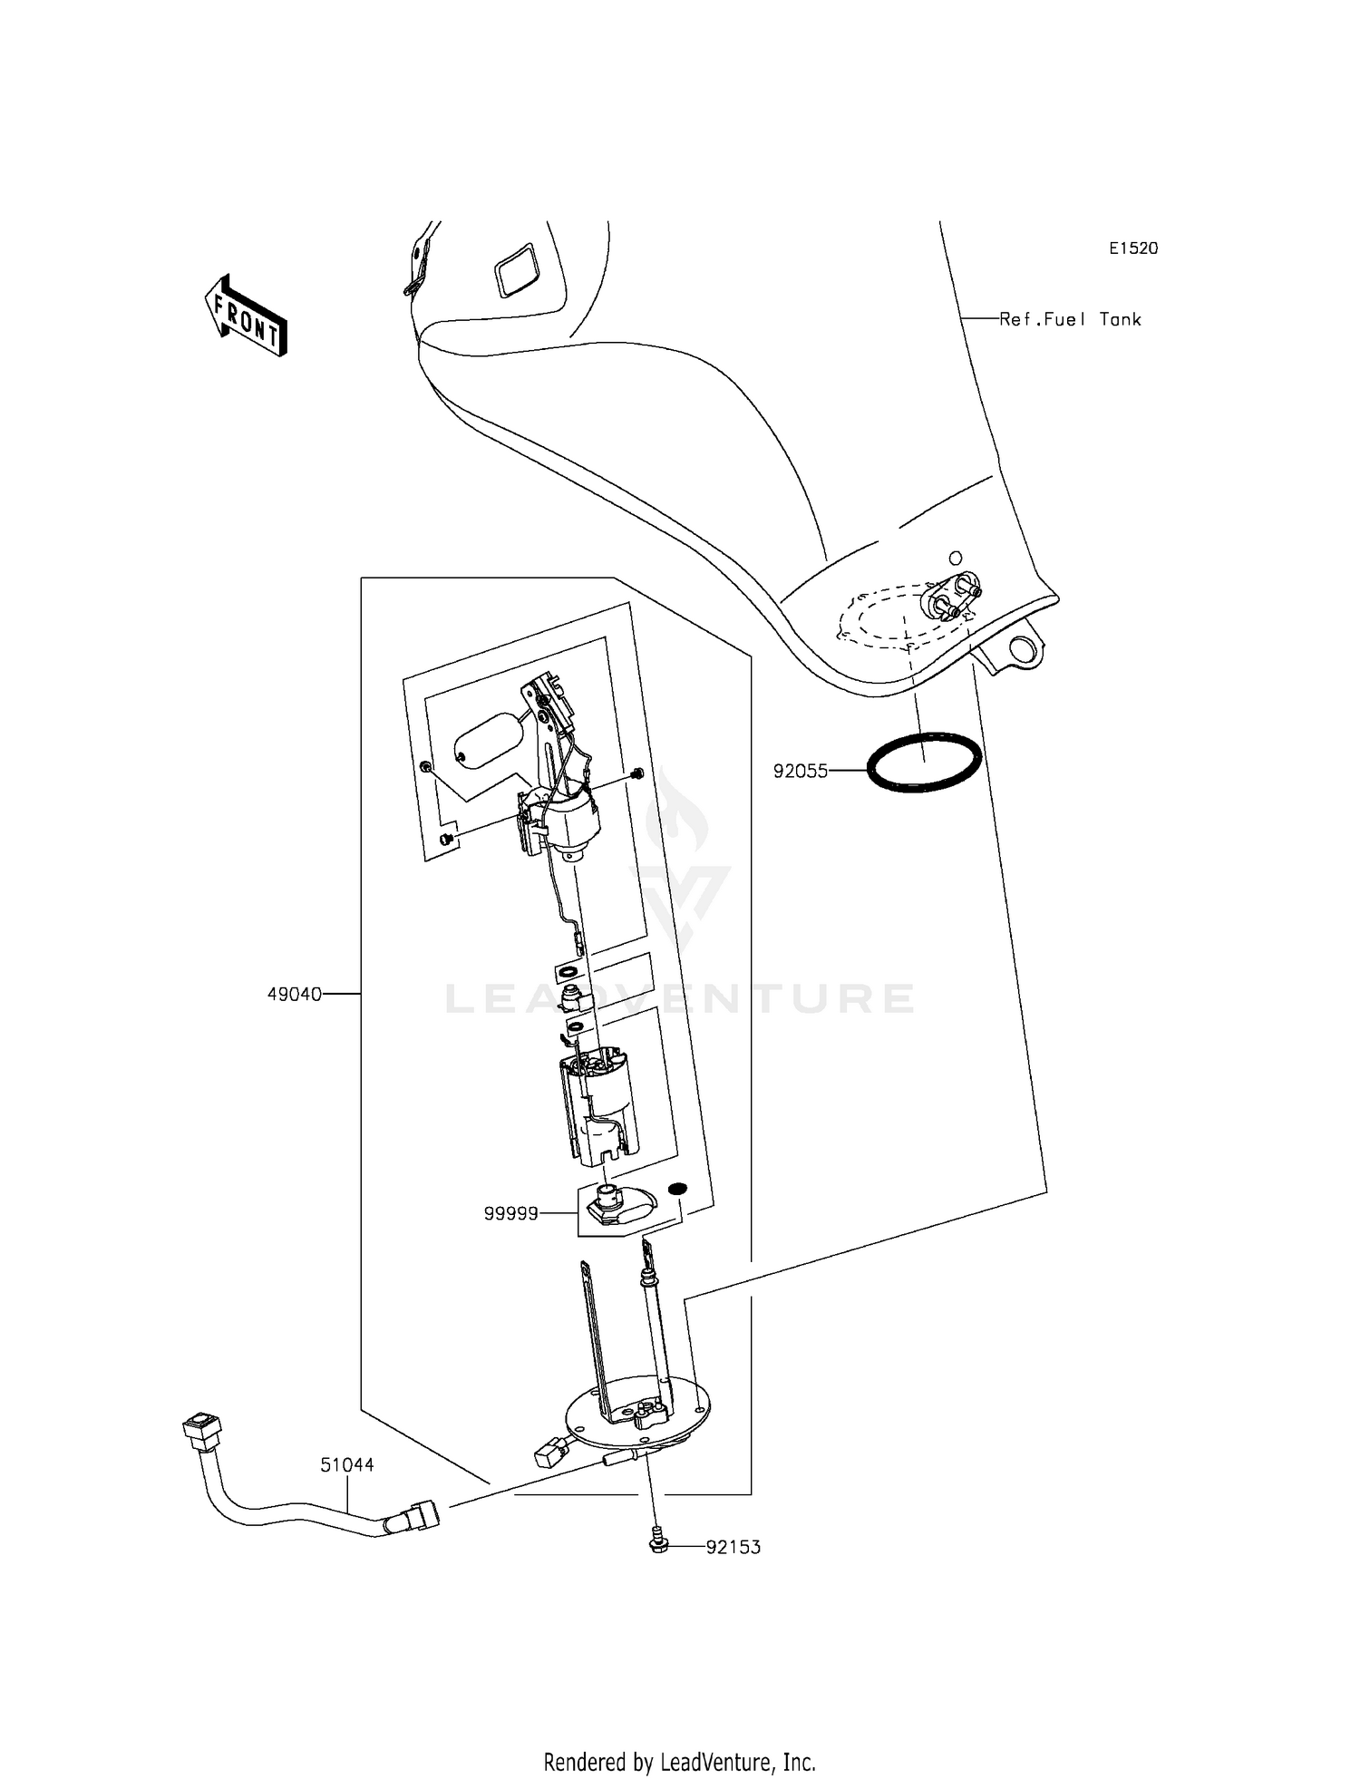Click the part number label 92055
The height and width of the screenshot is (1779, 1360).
tap(800, 772)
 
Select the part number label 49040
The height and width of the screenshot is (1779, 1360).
tap(294, 994)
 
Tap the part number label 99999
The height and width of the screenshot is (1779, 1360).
tap(510, 1213)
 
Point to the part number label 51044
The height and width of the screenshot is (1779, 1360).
tap(346, 1464)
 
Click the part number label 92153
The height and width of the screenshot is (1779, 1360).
tap(733, 1547)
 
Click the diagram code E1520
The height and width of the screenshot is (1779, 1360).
tap(1133, 248)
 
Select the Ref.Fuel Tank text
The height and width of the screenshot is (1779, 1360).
tap(1070, 319)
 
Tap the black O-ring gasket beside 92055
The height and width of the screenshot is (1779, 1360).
tap(924, 763)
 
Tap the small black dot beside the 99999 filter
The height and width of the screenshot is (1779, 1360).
tap(677, 1189)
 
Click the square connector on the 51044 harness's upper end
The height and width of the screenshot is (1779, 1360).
tap(201, 1431)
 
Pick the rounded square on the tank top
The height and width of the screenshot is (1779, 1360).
tap(516, 268)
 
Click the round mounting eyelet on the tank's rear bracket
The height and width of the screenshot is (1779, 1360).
tap(1023, 649)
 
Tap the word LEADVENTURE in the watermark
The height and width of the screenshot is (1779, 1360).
tap(680, 999)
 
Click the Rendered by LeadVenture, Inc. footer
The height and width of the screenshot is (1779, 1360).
tap(679, 1762)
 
